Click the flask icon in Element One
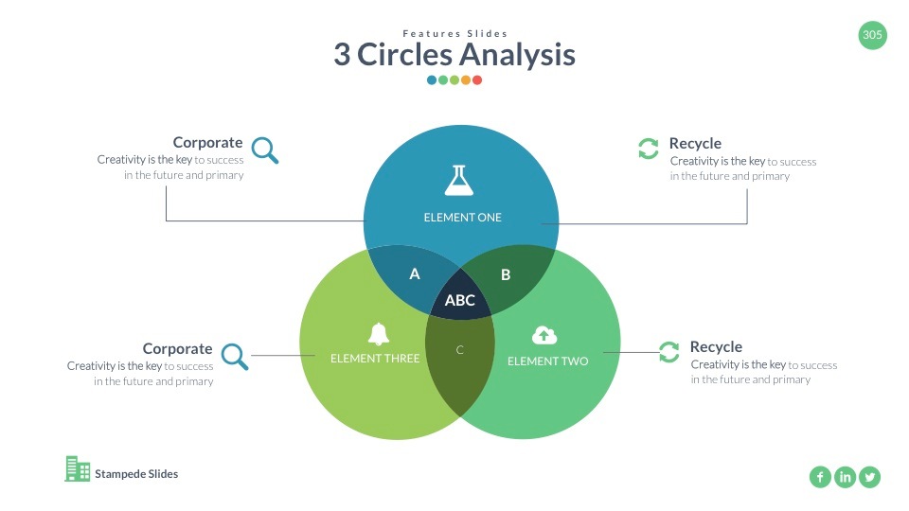[459, 180]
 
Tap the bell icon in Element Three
[379, 333]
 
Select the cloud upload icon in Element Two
[544, 334]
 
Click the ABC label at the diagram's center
[460, 301]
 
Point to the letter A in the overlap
[414, 274]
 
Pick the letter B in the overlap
[506, 274]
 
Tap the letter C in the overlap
[460, 350]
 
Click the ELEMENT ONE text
[462, 218]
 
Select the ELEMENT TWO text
[547, 361]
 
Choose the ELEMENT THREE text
[375, 359]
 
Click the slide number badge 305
[872, 36]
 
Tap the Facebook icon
[820, 477]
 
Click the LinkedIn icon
[845, 477]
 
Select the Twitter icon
[869, 477]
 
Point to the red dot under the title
[477, 80]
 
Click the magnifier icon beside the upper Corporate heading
[265, 150]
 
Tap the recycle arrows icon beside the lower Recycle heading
[668, 352]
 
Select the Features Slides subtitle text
[454, 34]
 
